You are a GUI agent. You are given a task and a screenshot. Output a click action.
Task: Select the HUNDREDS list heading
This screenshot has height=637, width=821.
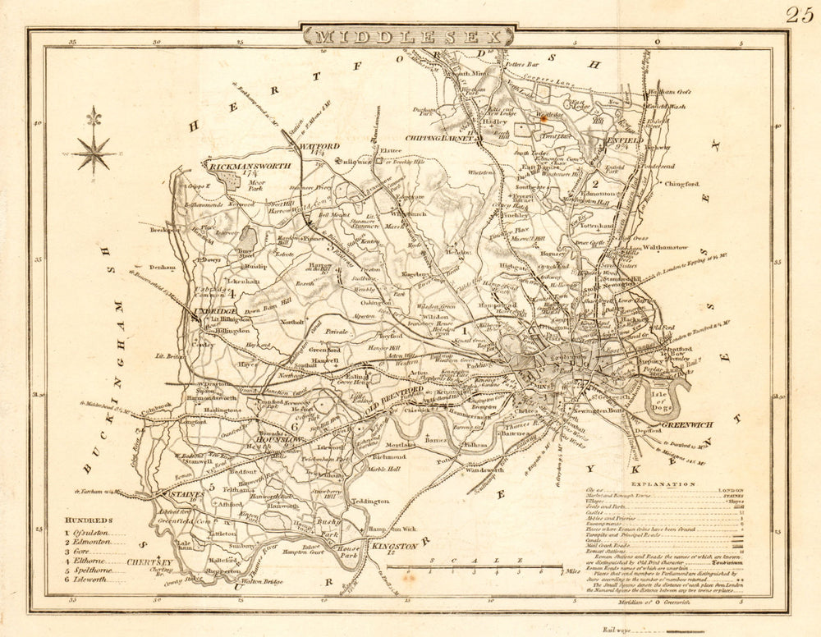[91, 520]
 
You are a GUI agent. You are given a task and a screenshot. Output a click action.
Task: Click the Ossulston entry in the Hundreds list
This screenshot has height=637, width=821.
[100, 533]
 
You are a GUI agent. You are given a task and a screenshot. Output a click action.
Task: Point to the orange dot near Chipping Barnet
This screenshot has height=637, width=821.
[544, 117]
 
